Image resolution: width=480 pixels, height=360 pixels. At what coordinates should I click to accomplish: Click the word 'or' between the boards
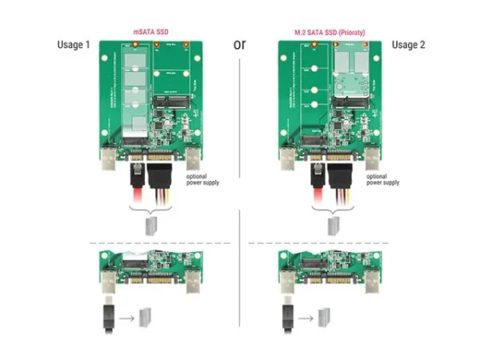click(x=239, y=43)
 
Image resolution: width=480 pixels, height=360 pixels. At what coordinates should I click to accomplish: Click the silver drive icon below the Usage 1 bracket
click(x=150, y=224)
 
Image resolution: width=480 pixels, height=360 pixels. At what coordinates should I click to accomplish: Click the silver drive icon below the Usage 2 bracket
click(x=329, y=224)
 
